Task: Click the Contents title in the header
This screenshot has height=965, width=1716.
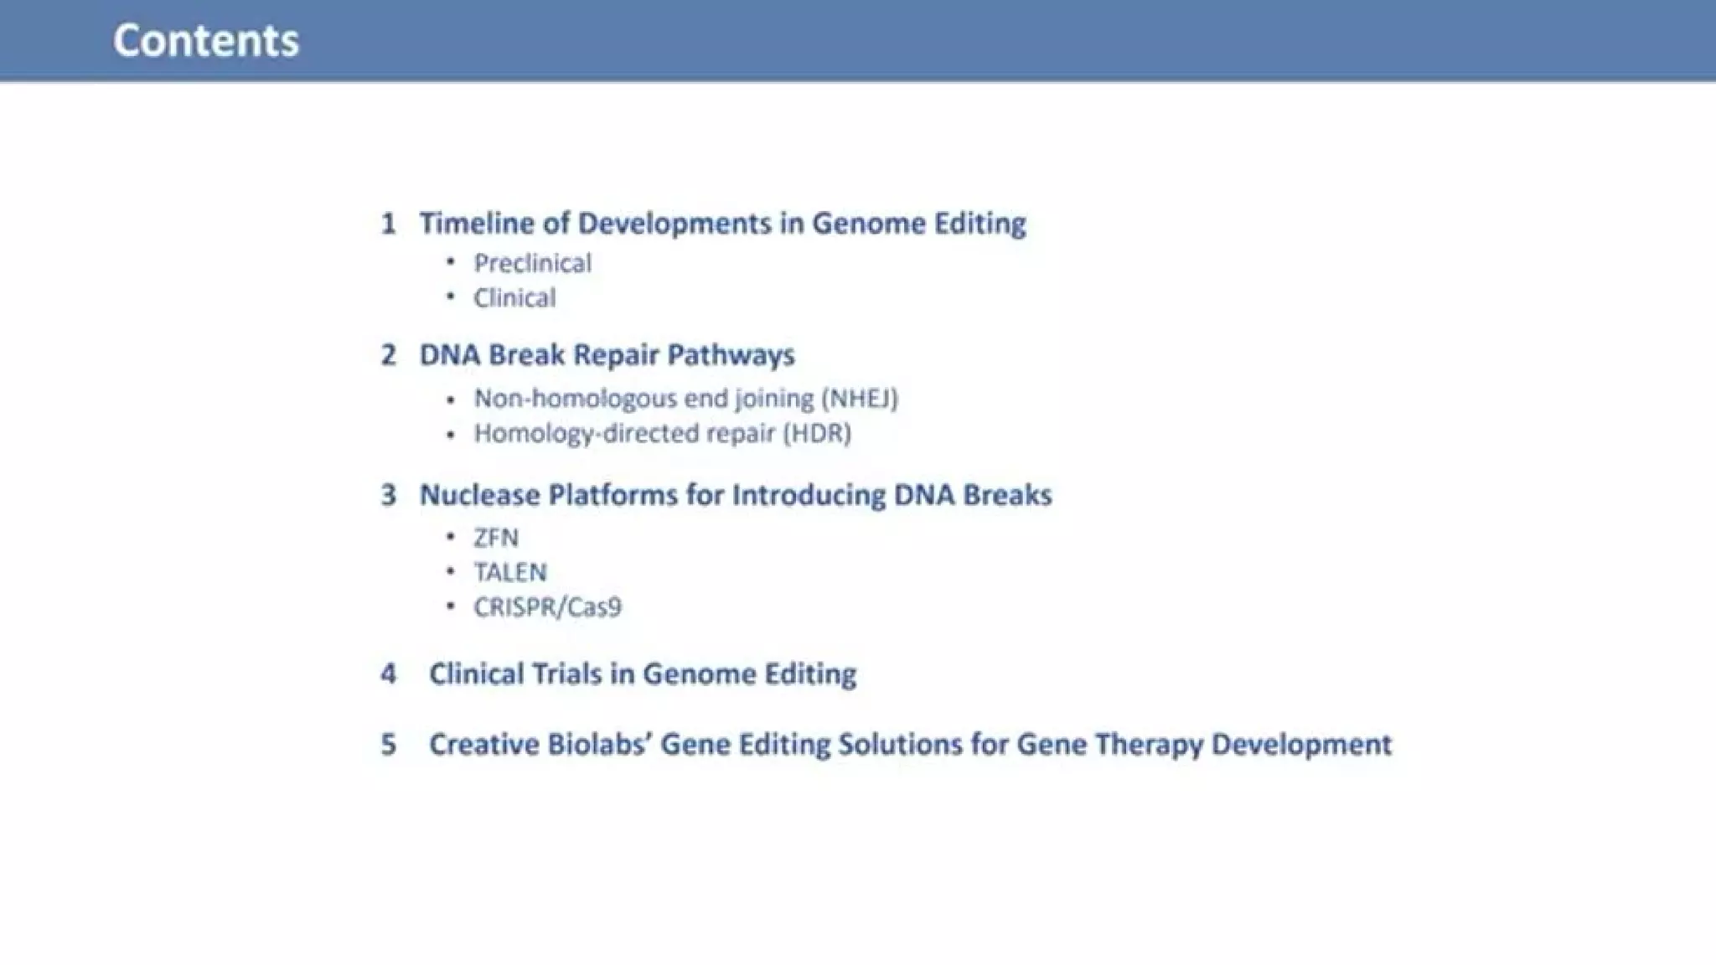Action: point(206,40)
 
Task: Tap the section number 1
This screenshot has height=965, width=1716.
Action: point(388,224)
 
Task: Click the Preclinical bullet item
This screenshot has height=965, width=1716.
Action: point(532,263)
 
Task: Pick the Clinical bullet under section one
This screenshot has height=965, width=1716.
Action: point(514,297)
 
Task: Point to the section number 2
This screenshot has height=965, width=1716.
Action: point(388,355)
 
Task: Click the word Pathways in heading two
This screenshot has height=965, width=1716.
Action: point(731,355)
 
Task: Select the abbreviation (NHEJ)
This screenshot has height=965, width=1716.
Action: point(860,398)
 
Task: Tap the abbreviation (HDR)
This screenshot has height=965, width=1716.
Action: point(817,433)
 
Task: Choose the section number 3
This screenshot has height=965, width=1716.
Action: point(388,495)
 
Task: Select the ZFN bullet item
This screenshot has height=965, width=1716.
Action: point(496,537)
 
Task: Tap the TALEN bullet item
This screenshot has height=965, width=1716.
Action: point(509,572)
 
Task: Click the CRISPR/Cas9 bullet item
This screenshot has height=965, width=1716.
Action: point(547,607)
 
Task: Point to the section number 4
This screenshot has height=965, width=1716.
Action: point(388,674)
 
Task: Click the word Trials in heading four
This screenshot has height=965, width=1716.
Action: point(567,674)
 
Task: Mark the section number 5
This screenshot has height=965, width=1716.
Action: point(388,745)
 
